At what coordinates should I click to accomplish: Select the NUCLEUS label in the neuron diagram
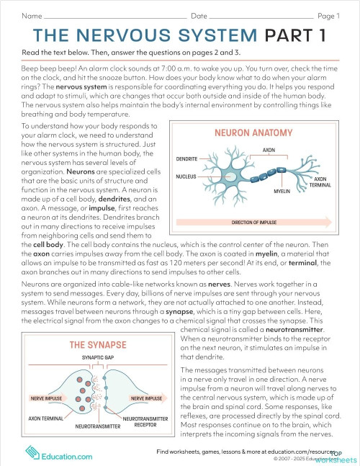[x=186, y=176]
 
